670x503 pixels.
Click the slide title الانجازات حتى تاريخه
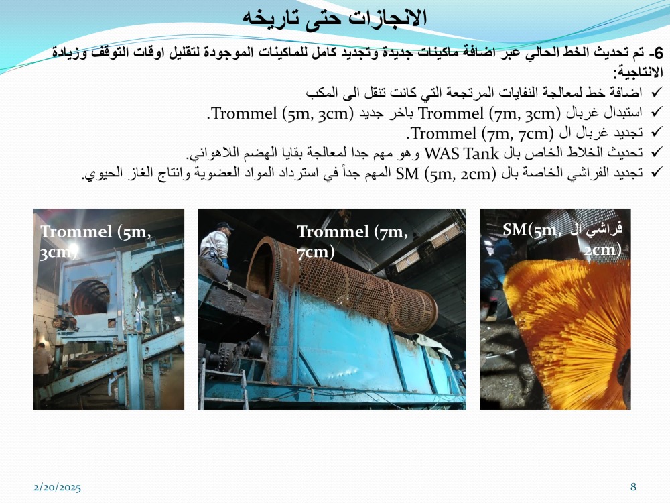334,18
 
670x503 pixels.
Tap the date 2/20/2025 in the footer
57,487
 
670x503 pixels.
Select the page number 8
633,486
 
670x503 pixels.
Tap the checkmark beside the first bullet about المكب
657,92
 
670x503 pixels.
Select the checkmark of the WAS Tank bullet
657,152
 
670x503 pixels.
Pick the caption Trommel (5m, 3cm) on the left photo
95,241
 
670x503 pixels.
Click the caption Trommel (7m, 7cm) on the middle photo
352,241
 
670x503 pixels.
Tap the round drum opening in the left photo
90,297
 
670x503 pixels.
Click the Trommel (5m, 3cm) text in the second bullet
283,114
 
